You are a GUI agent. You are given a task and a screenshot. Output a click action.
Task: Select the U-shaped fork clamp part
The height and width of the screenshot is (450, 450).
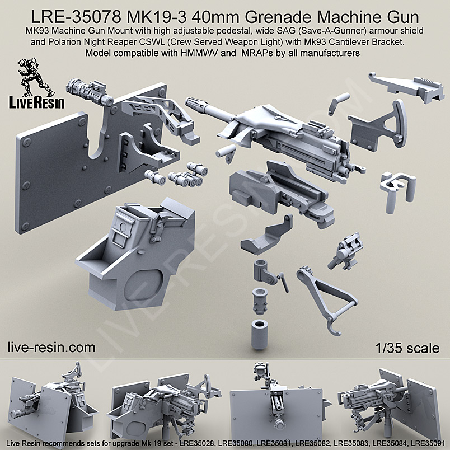click(394, 185)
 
